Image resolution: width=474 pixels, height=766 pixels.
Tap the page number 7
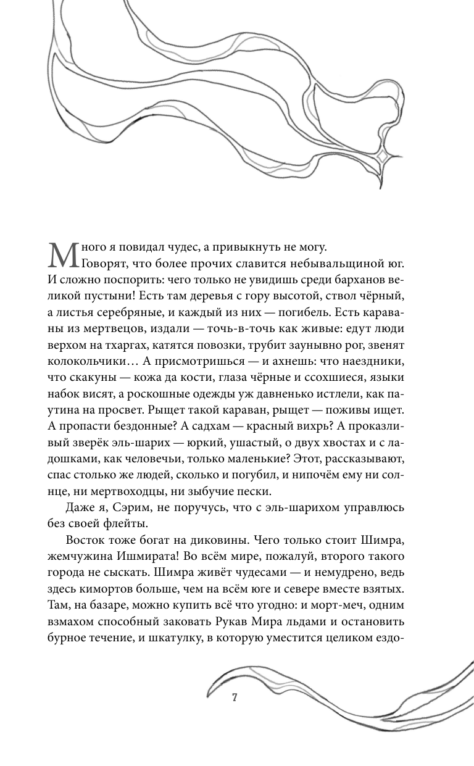[235, 698]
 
